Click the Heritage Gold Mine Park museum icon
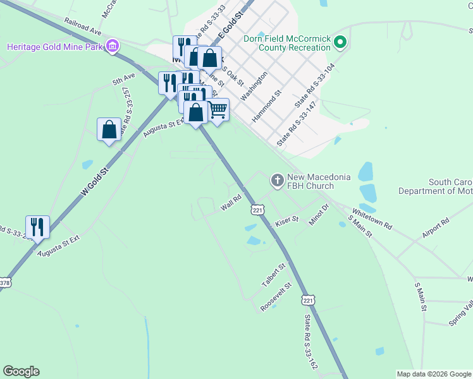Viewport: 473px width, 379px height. tap(113, 45)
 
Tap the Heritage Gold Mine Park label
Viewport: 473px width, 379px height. tap(56, 47)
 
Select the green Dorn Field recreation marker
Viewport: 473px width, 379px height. tap(340, 43)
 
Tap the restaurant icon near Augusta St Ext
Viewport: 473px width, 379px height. tap(37, 227)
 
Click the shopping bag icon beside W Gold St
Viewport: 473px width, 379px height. tap(109, 129)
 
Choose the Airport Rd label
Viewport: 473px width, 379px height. tap(435, 229)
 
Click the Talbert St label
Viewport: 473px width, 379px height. tap(274, 276)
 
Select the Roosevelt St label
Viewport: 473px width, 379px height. tap(276, 297)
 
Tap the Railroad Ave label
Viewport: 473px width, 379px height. tap(82, 27)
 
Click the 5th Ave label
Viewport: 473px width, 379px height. tap(124, 80)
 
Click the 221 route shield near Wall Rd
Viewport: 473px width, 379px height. tap(257, 209)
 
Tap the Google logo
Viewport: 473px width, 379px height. tap(21, 371)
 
